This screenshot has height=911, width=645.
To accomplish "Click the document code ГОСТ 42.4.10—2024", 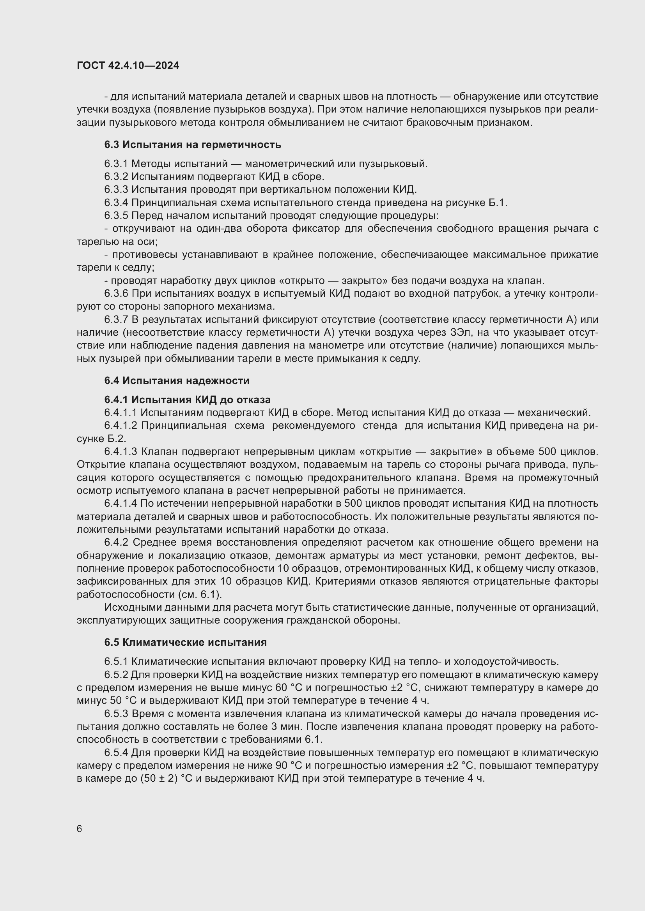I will coord(128,65).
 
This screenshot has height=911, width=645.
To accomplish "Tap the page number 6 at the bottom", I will coord(80,828).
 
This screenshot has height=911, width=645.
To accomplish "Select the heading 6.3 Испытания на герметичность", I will coord(193,145).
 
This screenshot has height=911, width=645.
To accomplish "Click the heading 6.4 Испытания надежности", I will coord(177,381).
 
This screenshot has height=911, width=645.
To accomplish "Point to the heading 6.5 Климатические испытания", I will coord(186,642).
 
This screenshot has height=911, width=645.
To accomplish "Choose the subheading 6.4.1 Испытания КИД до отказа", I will coord(188,400).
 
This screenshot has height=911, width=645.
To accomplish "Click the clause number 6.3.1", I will coord(116,164).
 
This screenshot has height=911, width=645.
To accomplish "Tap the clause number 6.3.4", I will coord(116,203).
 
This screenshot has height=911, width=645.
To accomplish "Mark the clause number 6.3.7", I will coord(116,319).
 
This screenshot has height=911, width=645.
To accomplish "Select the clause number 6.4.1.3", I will coord(121,451).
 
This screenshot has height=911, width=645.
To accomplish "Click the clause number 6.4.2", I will coord(116,543).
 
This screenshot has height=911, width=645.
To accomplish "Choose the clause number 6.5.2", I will coord(116,675).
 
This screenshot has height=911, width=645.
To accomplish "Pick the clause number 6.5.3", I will coord(116,714).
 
